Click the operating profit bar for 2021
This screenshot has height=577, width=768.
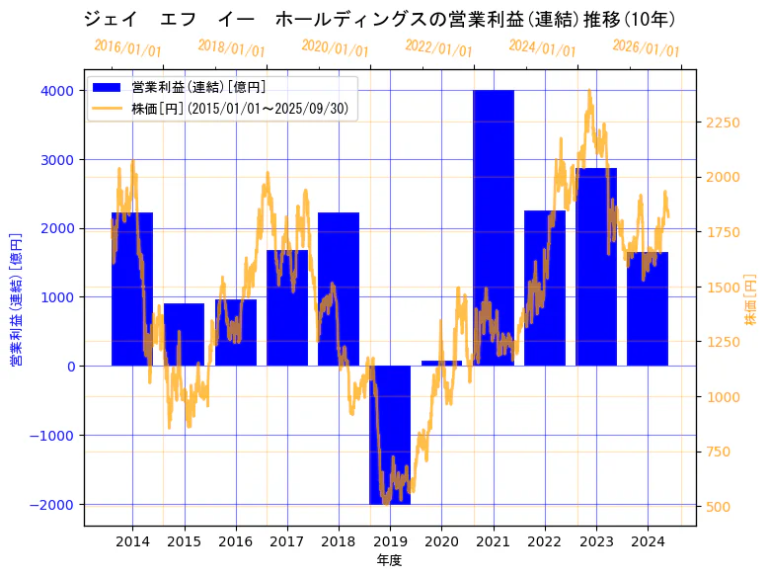pos(494,227)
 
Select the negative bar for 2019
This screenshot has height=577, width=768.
pos(390,435)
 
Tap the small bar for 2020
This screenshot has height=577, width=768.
pos(441,363)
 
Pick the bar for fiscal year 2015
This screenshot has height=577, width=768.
pos(184,335)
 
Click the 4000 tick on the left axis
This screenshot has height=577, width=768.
pos(56,91)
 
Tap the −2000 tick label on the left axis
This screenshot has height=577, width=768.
pos(51,505)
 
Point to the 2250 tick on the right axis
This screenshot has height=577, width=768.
pos(723,123)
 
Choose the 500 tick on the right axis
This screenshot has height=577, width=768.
pos(718,507)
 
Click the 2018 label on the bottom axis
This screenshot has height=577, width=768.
pos(339,541)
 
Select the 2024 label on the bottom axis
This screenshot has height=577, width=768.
pos(648,541)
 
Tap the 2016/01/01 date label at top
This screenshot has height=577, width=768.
pos(128,48)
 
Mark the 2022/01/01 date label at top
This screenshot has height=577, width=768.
pos(438,48)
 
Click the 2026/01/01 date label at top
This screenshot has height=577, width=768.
pos(646,48)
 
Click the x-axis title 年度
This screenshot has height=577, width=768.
pos(389,560)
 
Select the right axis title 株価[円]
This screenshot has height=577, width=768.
pos(750,301)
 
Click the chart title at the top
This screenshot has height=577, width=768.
pos(380,20)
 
